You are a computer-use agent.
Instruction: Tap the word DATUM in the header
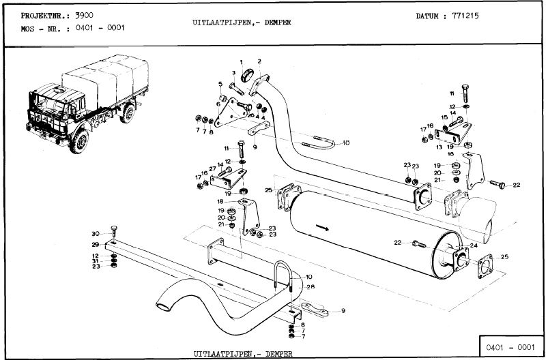point(429,16)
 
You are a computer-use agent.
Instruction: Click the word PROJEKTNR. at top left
point(40,15)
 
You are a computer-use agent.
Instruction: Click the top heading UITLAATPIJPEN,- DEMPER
point(242,22)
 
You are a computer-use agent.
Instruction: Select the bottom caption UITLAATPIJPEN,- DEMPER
point(242,354)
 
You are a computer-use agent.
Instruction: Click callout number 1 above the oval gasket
point(240,63)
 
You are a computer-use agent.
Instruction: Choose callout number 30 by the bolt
point(96,234)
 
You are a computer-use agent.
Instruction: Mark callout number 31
point(96,261)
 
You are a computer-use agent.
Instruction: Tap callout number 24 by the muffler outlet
point(473,245)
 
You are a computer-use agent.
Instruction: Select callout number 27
point(212,168)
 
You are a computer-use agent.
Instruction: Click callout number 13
point(439,147)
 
